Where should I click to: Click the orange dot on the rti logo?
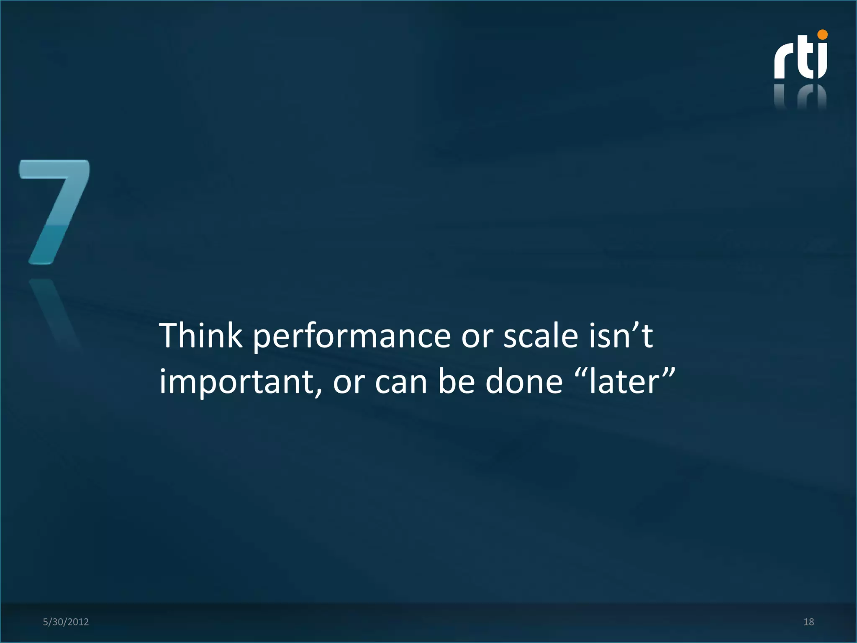822,35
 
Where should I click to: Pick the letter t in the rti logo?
804,59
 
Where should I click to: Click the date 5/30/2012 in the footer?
66,622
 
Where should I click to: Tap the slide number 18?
808,622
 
